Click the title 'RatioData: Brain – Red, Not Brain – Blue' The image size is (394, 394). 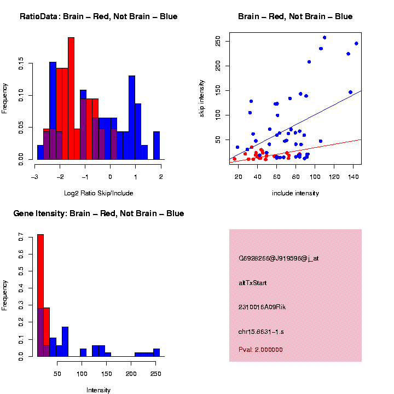(99, 16)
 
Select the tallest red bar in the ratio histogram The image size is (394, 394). (71, 99)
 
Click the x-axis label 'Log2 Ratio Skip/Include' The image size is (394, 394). (99, 193)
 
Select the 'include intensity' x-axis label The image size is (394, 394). (296, 193)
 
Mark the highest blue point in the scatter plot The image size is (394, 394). (325, 37)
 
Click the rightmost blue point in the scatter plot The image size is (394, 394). (356, 43)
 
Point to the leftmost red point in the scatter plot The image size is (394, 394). (234, 159)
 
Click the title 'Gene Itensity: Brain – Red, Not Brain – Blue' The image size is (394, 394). (99, 213)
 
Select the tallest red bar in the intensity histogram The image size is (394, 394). (40, 296)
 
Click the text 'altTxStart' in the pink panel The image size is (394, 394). (253, 283)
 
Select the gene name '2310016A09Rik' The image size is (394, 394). (262, 307)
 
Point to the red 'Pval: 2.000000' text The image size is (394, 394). (260, 350)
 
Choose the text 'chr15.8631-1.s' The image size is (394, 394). (261, 332)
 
